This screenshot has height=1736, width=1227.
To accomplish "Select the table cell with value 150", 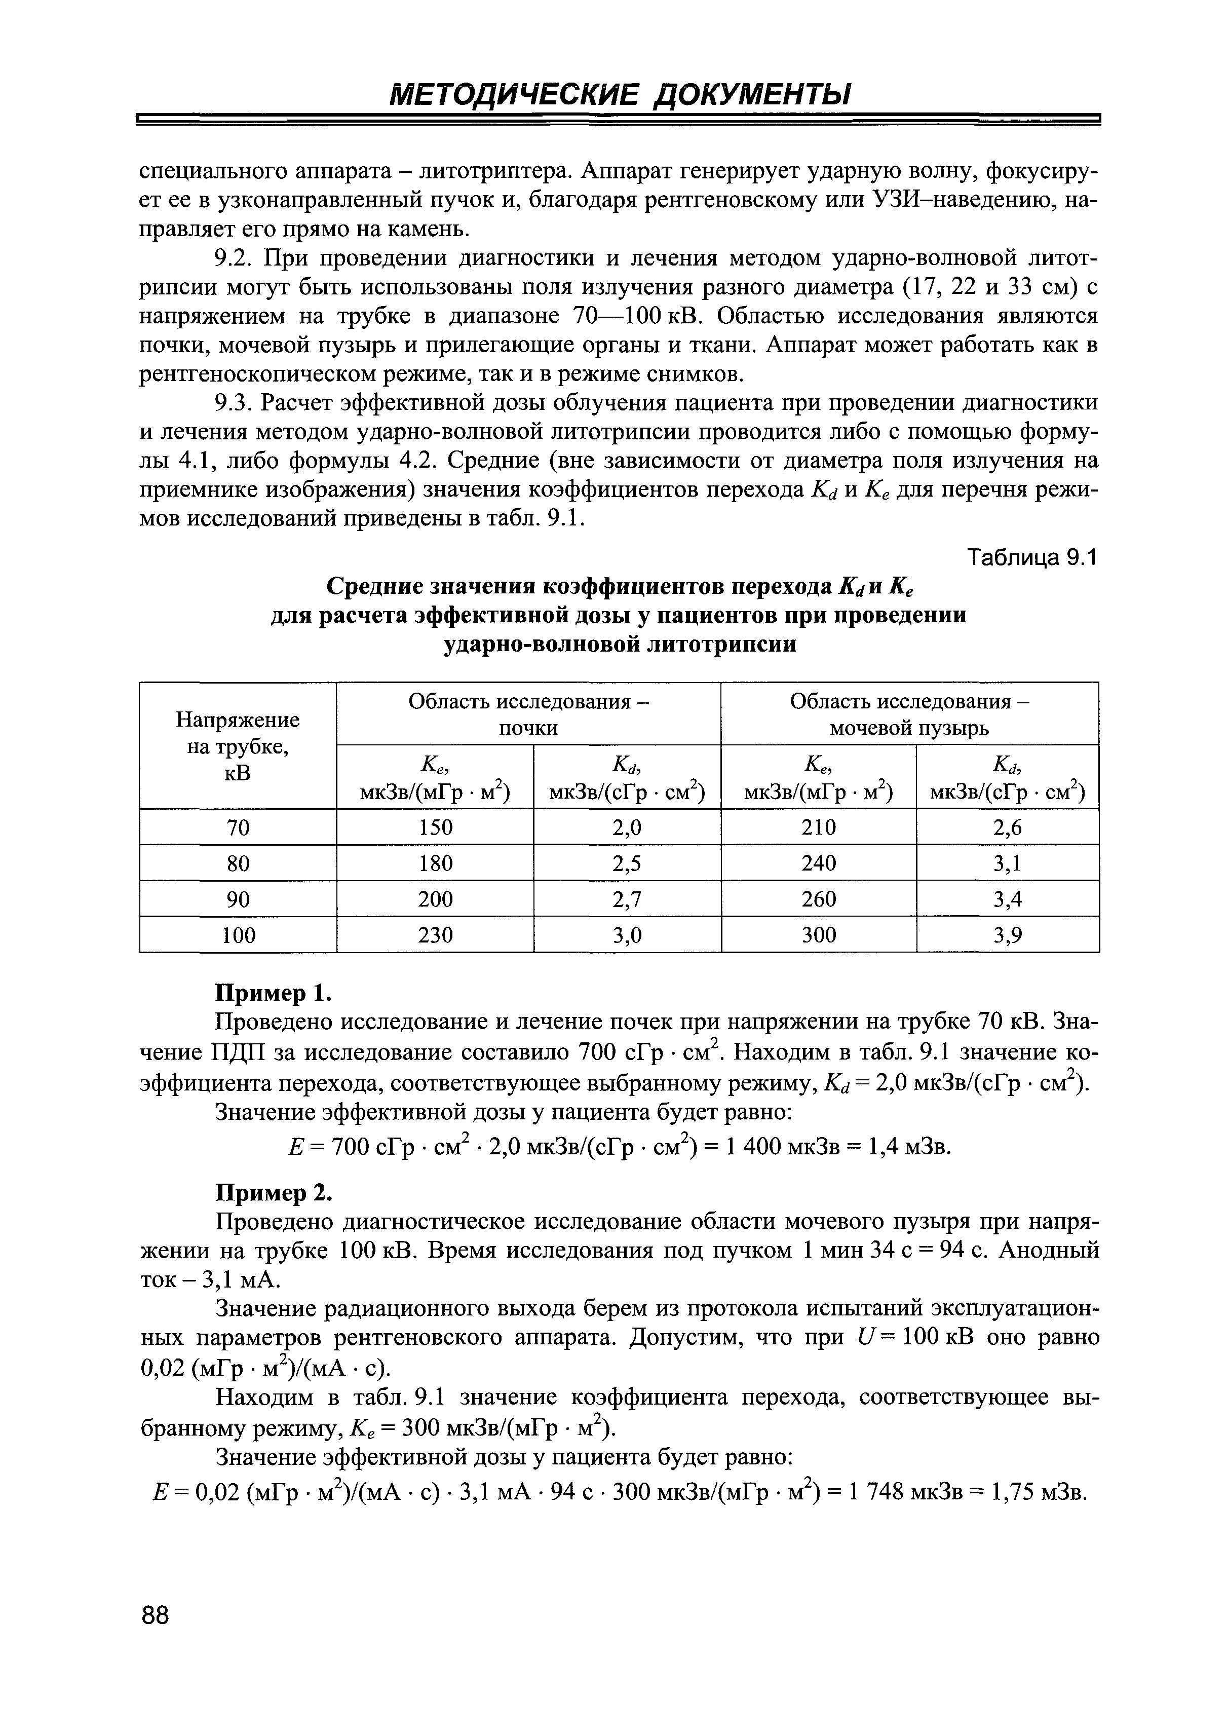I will [436, 827].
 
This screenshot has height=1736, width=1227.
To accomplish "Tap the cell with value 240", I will [819, 863].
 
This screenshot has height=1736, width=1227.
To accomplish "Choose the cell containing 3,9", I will [1007, 935].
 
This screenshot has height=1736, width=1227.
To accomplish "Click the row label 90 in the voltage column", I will [238, 899].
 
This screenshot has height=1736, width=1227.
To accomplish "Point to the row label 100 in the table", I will [238, 935].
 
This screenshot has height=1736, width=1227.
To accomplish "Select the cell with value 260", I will [819, 899].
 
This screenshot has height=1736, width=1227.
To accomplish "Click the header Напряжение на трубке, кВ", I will [238, 745].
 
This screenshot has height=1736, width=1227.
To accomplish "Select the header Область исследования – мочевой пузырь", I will [909, 714].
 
